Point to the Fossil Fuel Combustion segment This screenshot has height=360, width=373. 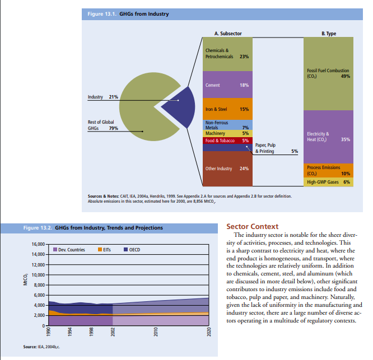tap(329, 73)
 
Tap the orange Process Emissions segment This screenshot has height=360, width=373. tap(329, 170)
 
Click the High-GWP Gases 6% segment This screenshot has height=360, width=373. tap(329, 182)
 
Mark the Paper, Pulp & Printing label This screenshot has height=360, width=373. tap(265, 148)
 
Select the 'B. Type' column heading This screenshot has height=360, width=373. tap(329, 34)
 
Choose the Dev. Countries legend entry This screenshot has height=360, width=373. tap(69, 249)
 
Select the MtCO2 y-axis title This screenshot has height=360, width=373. tap(25, 280)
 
